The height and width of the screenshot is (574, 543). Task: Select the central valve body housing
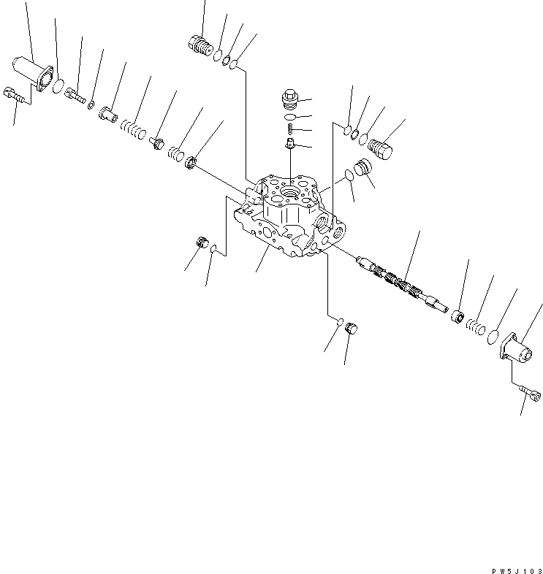(289, 219)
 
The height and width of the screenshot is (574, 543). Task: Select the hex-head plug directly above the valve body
(289, 99)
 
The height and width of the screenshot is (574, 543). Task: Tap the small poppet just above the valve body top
(289, 145)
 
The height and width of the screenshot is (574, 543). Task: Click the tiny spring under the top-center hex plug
(289, 129)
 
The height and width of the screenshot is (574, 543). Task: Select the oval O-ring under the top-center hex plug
(289, 116)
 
